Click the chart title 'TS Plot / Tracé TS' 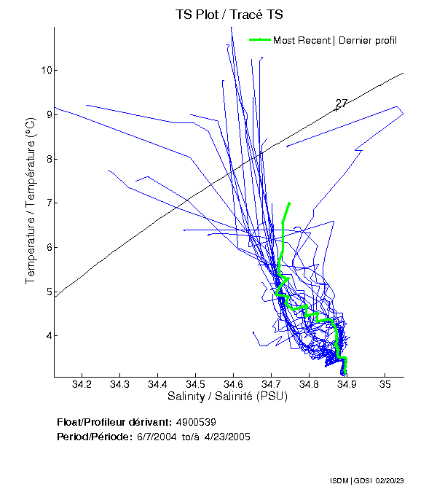(229, 15)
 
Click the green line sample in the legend (259, 39)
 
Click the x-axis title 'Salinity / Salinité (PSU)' (228, 397)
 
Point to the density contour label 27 (341, 104)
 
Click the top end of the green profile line (289, 203)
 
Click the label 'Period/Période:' (93, 437)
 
